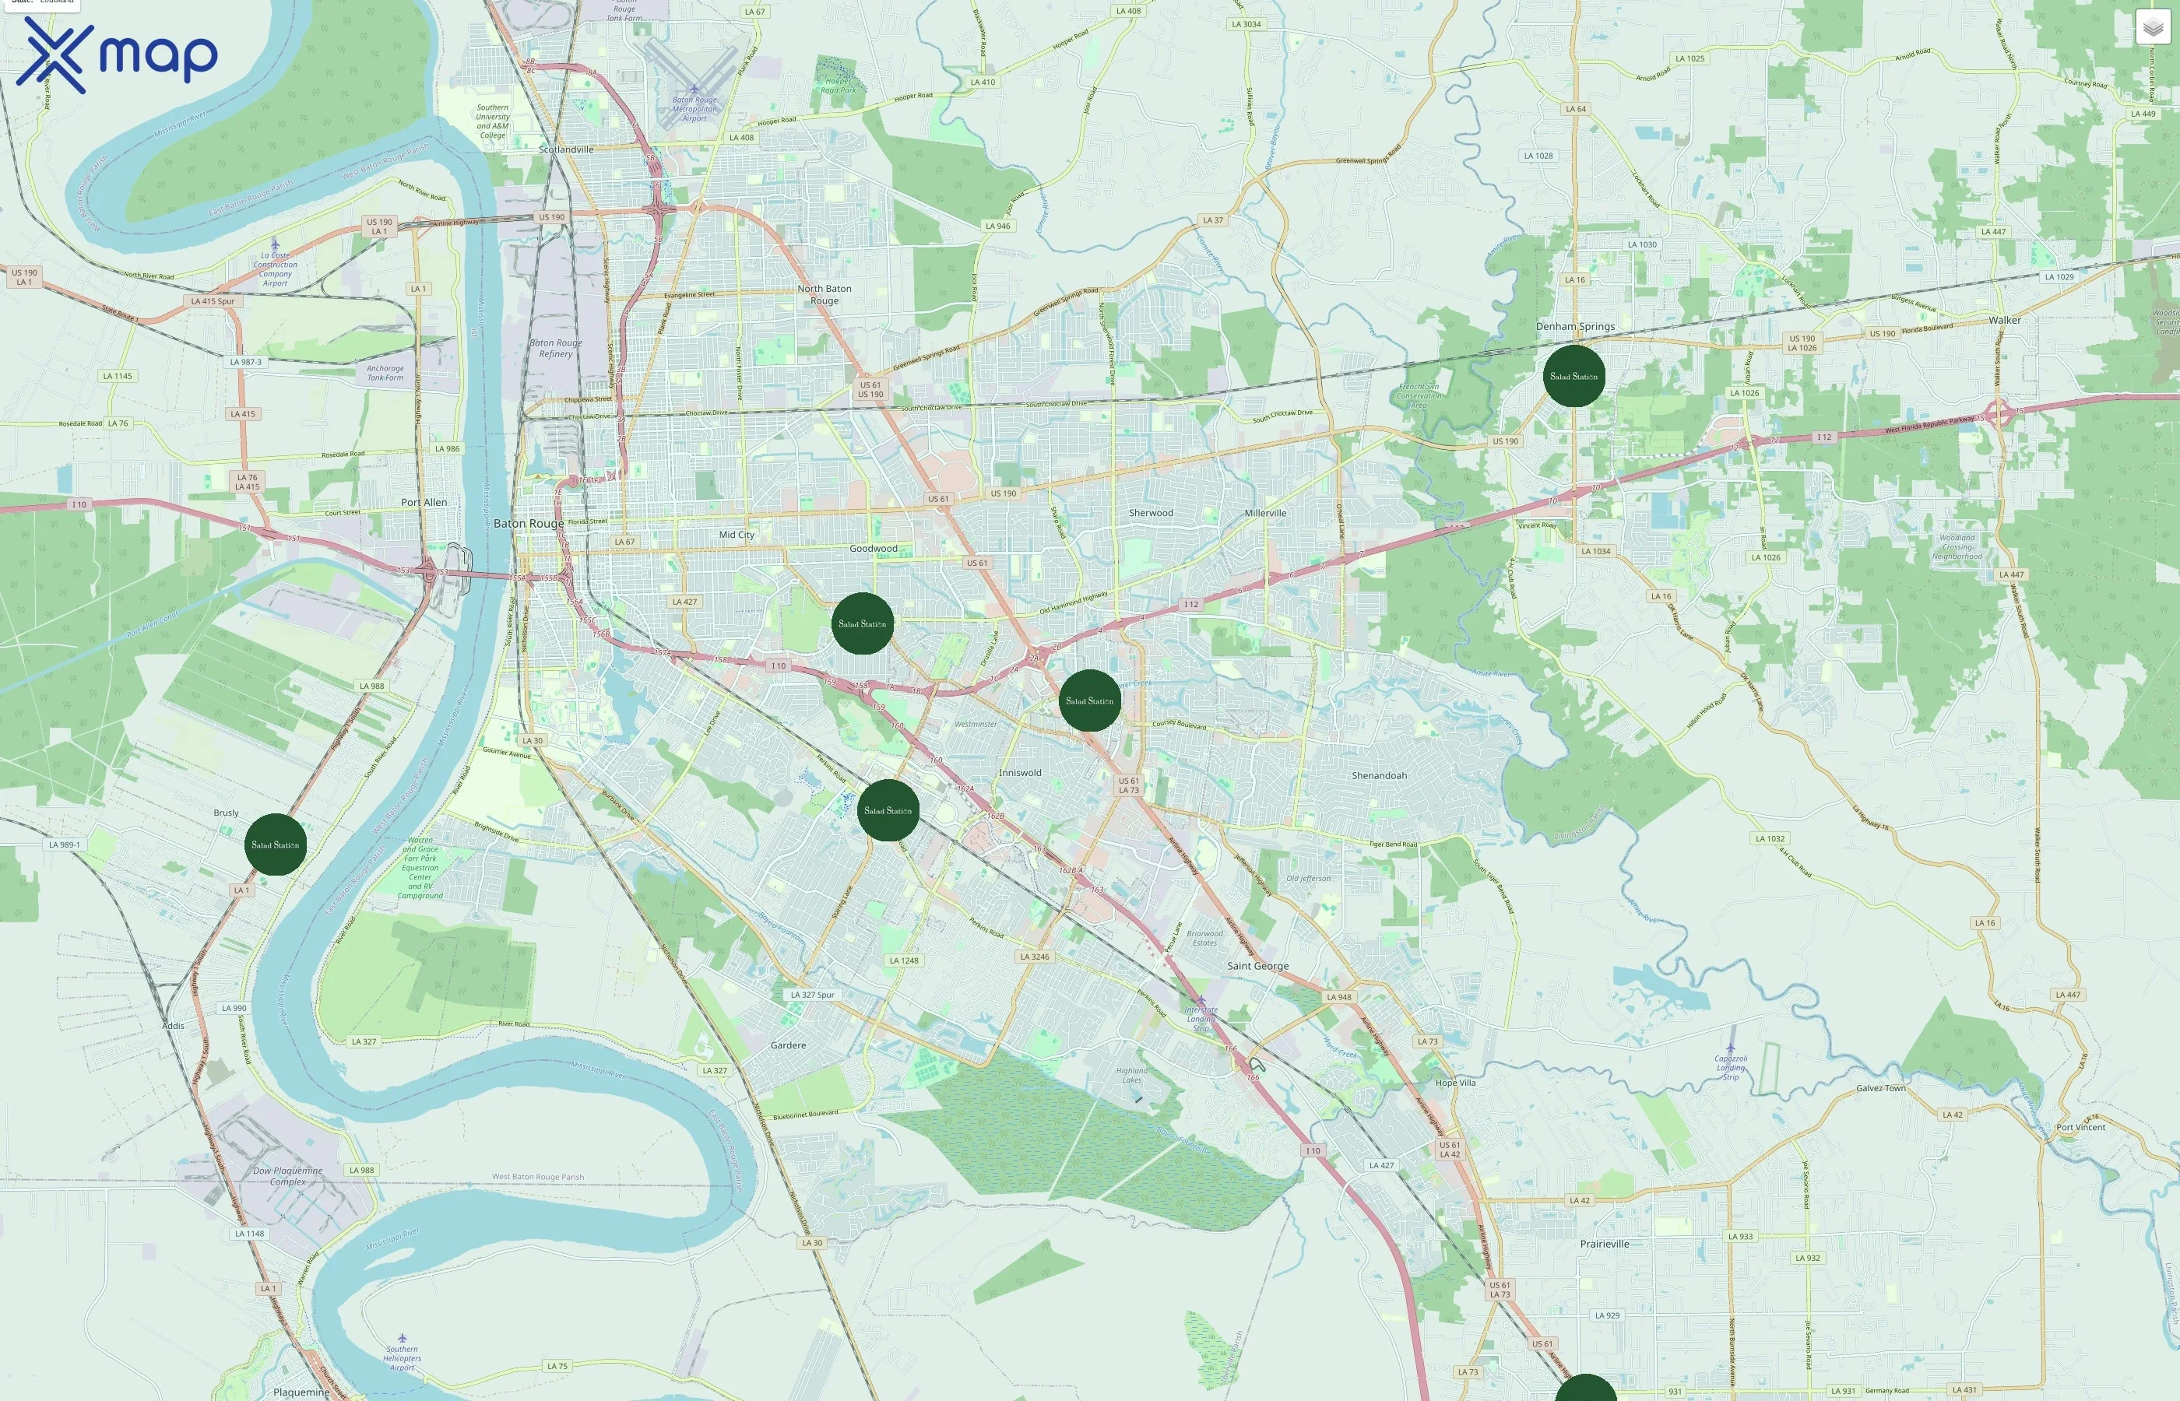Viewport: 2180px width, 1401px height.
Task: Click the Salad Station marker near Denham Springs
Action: click(1573, 376)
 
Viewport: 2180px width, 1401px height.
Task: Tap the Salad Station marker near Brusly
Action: click(275, 844)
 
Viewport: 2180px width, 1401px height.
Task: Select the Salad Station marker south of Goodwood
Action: click(862, 623)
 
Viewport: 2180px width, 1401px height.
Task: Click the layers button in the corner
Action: click(2152, 27)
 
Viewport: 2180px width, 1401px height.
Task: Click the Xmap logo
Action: click(117, 55)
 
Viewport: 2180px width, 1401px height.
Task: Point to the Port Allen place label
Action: click(424, 502)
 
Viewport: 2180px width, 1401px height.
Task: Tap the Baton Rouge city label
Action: click(528, 523)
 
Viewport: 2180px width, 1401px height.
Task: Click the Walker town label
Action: click(2004, 320)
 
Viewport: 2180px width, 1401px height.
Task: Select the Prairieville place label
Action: click(1604, 1244)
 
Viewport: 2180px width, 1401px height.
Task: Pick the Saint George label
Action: click(1257, 966)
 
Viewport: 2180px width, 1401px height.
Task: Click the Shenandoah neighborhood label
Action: click(1378, 776)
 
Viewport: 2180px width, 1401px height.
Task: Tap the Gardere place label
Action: click(788, 1045)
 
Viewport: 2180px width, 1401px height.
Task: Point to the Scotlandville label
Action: click(566, 149)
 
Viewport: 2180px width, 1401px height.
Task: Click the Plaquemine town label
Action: click(301, 1392)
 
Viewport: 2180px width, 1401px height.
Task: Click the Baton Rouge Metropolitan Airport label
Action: click(694, 108)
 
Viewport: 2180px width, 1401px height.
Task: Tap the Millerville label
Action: click(1264, 513)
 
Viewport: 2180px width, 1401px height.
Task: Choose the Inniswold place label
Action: click(1020, 772)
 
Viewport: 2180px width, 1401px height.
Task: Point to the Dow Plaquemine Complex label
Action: click(287, 1176)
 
